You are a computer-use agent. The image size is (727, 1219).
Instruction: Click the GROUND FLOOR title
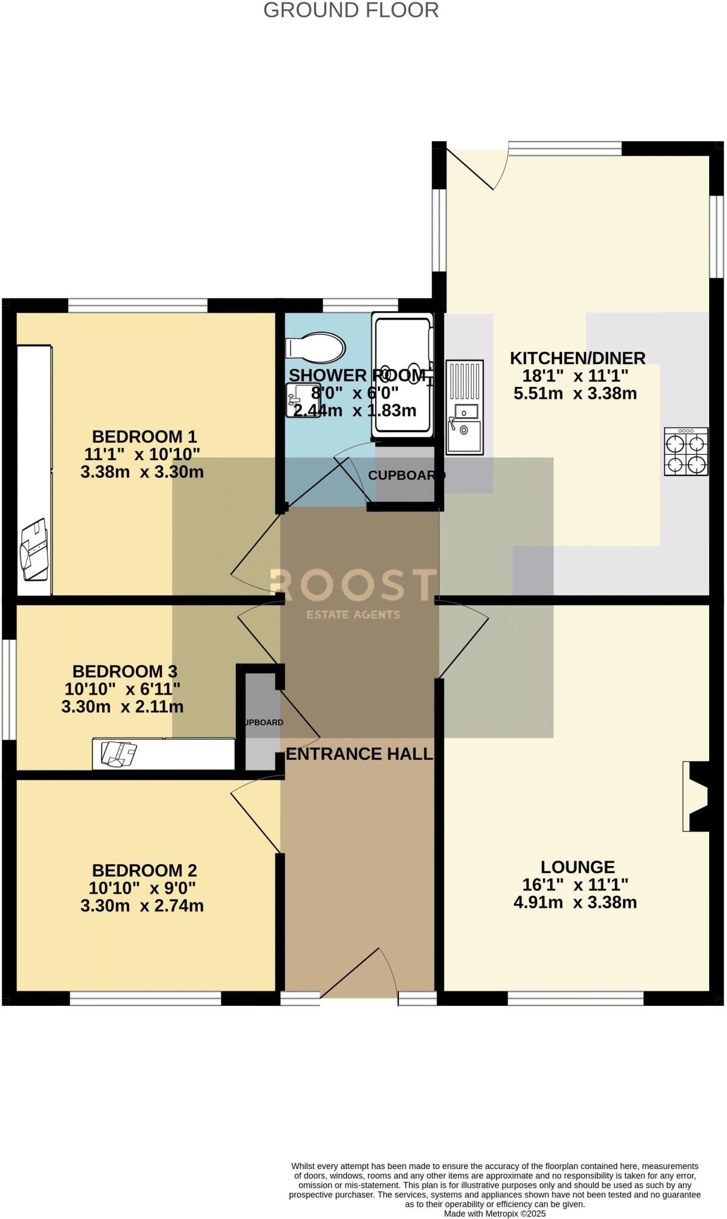pyautogui.click(x=351, y=10)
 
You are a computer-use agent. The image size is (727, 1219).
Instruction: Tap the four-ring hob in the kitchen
pyautogui.click(x=686, y=451)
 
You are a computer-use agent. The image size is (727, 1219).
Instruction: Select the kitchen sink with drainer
pyautogui.click(x=464, y=407)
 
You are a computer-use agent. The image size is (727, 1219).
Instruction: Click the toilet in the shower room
pyautogui.click(x=316, y=347)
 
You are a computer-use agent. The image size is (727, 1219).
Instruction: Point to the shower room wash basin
pyautogui.click(x=302, y=400)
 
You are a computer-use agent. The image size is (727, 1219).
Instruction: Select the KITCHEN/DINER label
pyautogui.click(x=577, y=358)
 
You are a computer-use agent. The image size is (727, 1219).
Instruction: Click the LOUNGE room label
pyautogui.click(x=577, y=867)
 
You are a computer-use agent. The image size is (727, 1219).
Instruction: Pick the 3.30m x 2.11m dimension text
pyautogui.click(x=122, y=707)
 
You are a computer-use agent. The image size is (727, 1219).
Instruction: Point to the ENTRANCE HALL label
pyautogui.click(x=358, y=754)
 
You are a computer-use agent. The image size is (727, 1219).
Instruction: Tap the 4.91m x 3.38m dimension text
pyautogui.click(x=575, y=902)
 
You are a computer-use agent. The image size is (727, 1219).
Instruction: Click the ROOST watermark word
pyautogui.click(x=354, y=585)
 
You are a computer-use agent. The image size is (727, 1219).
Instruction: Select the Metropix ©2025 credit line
pyautogui.click(x=494, y=1213)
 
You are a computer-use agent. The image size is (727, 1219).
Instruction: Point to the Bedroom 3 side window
pyautogui.click(x=8, y=689)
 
